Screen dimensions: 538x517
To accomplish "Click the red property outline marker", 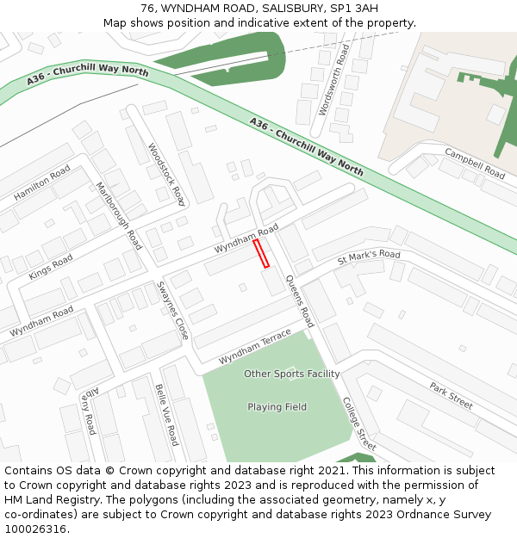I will (x=261, y=253).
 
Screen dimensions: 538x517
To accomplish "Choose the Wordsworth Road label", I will (x=334, y=80).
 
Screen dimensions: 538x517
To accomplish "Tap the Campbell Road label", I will (x=474, y=163).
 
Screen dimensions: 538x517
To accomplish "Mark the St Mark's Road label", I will (x=369, y=256).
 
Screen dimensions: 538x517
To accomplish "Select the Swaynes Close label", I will (x=172, y=309).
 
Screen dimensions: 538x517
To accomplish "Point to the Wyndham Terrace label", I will (x=255, y=345).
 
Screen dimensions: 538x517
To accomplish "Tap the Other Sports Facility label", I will (x=291, y=374).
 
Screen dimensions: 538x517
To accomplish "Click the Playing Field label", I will (x=277, y=407).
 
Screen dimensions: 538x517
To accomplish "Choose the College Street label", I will (x=359, y=424).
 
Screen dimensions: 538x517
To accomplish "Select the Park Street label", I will (x=451, y=396).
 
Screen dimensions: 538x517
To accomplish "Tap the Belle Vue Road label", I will (x=166, y=414).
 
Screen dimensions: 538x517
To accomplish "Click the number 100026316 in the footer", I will (x=35, y=529).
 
